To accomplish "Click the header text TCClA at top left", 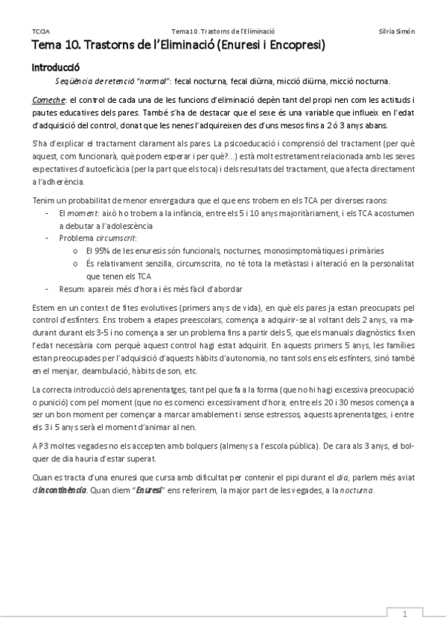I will (x=41, y=31).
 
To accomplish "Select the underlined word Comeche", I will (x=48, y=99).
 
